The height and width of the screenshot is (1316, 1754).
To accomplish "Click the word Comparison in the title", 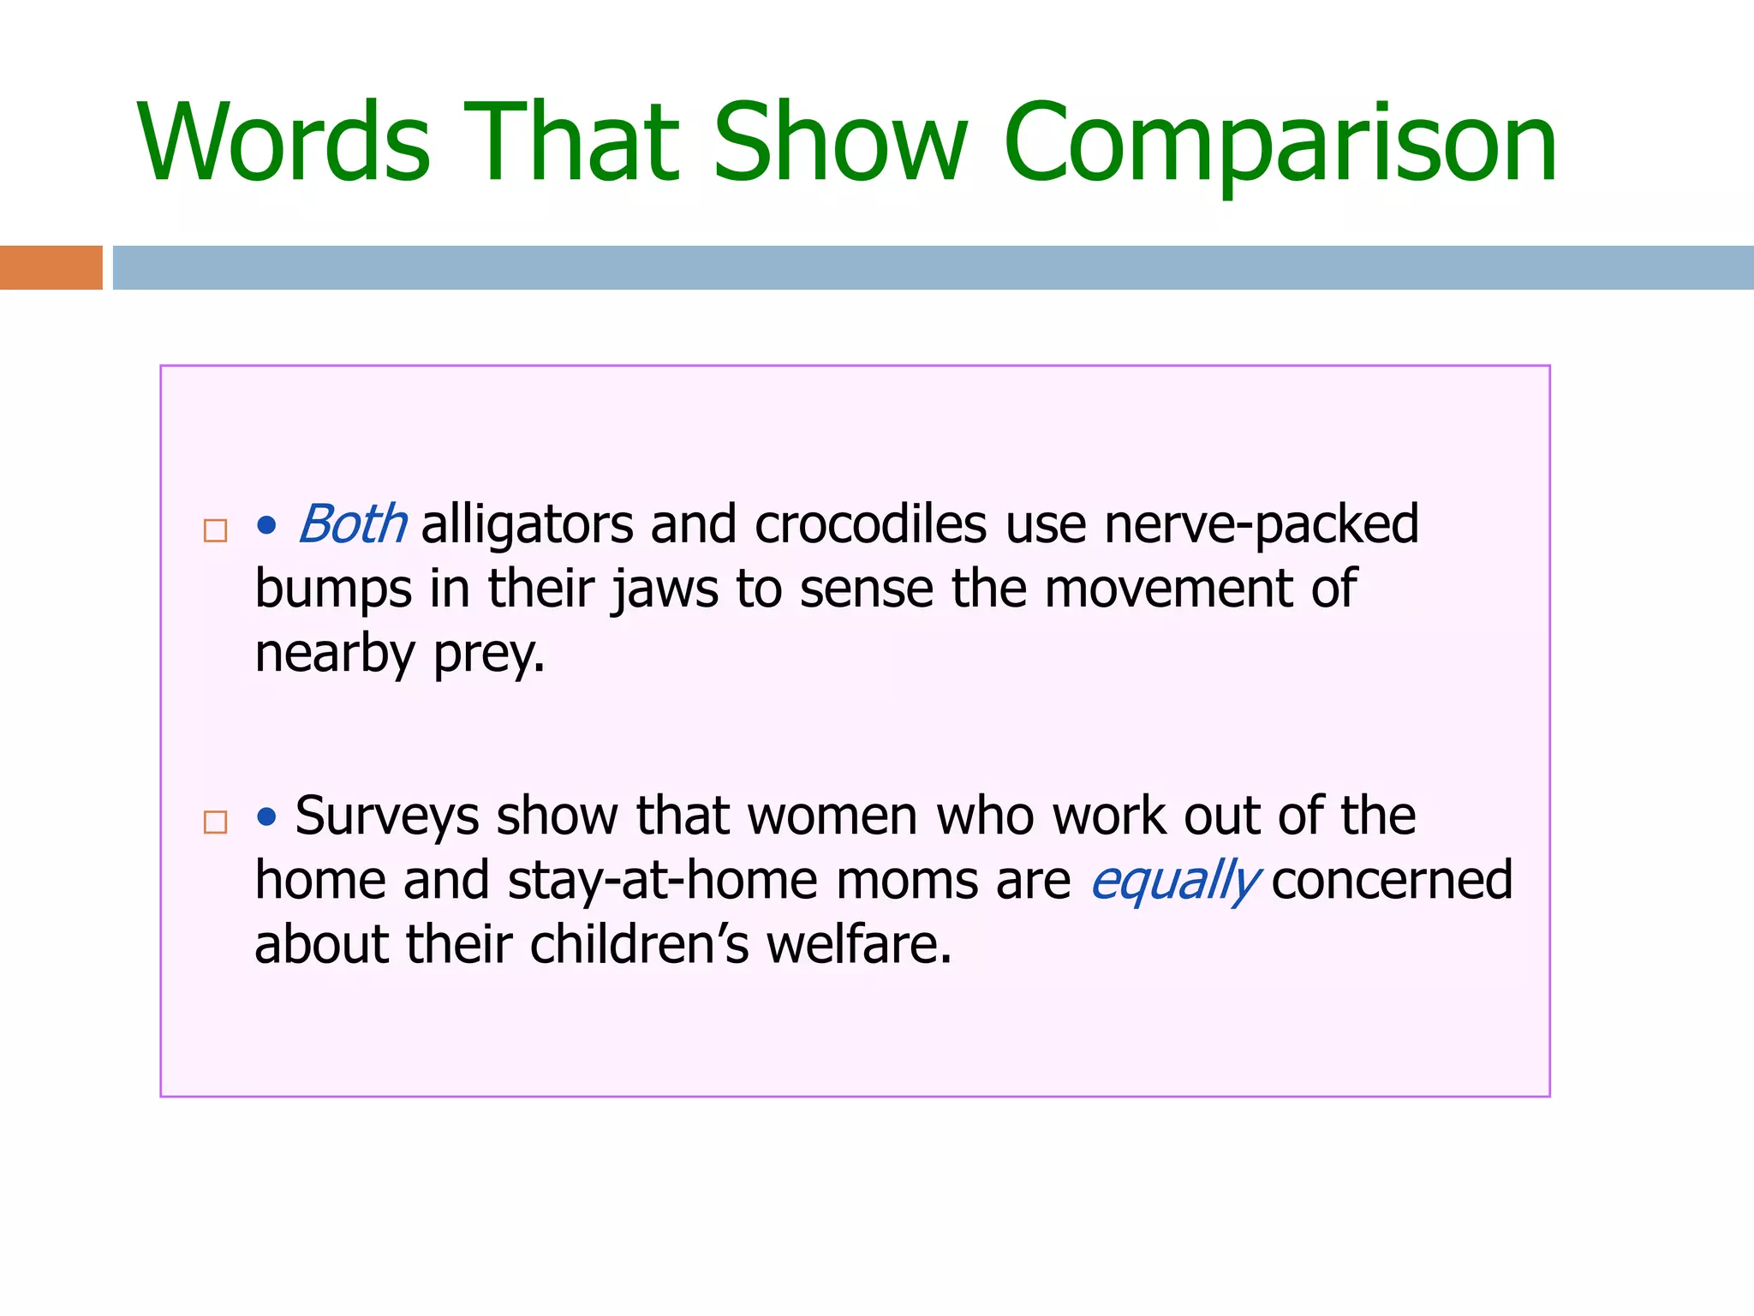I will (1280, 144).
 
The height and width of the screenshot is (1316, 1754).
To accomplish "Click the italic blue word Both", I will (352, 523).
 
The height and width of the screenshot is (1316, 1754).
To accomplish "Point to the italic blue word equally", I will (1174, 881).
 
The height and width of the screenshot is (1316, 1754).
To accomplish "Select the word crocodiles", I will (870, 523).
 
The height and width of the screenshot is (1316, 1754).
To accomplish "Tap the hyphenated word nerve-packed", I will (1261, 523).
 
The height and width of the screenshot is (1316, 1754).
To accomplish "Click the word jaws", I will (665, 589).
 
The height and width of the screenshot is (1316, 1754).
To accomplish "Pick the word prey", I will (488, 655).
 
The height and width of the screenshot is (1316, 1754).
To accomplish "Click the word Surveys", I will (386, 815).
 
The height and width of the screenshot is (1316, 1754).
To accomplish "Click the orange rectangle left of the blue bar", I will (51, 267).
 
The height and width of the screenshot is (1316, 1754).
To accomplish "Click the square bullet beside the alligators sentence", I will (215, 530).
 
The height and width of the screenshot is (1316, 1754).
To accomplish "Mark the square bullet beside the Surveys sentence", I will (215, 822).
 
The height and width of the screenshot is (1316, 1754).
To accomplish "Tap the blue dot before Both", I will (267, 525).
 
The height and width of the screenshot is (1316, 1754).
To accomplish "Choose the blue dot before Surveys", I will (267, 817).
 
